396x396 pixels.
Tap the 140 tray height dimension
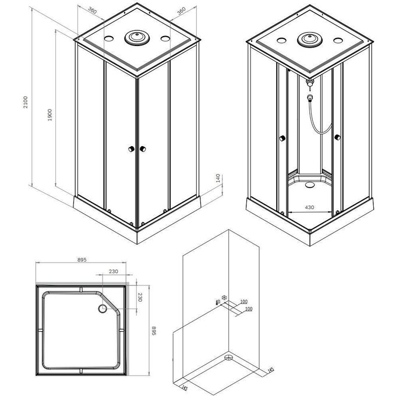[218, 178]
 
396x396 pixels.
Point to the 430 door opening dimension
[310, 207]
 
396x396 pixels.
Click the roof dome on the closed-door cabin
[137, 38]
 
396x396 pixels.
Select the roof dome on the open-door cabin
[309, 40]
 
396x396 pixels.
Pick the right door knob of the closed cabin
[141, 150]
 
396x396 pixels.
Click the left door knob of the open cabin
[282, 138]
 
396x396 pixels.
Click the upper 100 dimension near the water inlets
[244, 302]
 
